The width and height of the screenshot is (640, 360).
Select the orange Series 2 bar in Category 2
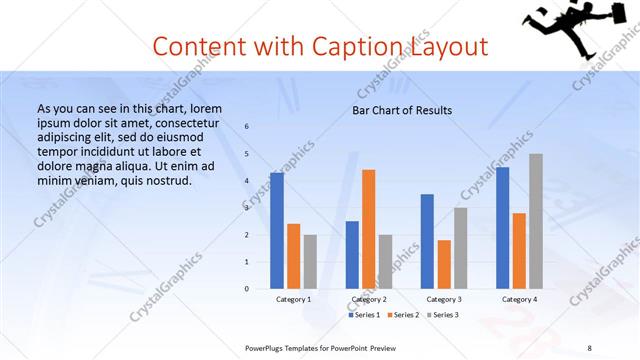[x=368, y=229]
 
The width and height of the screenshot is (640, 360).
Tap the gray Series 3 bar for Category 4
[x=536, y=221]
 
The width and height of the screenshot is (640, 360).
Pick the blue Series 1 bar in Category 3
[x=427, y=241]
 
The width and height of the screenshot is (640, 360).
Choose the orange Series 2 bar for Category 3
[x=444, y=264]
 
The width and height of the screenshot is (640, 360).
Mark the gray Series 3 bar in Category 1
[x=310, y=261]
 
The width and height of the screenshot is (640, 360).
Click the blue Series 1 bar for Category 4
[x=502, y=227]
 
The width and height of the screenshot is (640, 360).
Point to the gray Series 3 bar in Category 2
[x=385, y=261]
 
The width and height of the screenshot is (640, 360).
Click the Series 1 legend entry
[x=365, y=315]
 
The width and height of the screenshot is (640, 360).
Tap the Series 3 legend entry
[x=444, y=315]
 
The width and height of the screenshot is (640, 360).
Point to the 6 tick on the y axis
[x=247, y=127]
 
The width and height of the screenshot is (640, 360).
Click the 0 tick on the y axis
[x=247, y=288]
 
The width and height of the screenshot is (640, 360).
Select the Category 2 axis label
[x=369, y=299]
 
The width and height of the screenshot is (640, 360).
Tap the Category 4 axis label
[x=519, y=299]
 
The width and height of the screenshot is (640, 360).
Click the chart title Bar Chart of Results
[x=402, y=110]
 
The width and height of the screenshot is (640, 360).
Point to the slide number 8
[x=590, y=348]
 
